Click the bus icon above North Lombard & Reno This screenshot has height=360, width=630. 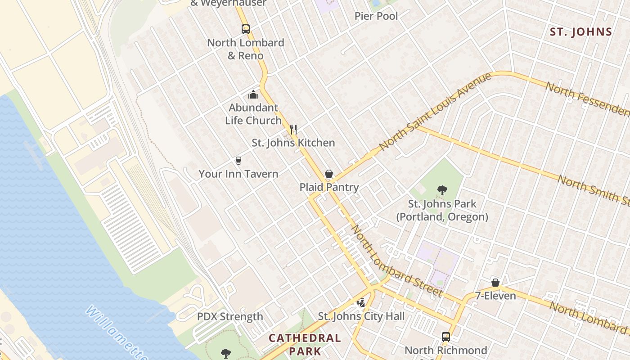[x=245, y=29]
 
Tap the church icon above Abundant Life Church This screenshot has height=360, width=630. [x=253, y=94]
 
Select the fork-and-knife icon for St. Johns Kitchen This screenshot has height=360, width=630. [x=293, y=130]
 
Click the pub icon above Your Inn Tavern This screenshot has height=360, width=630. [x=238, y=161]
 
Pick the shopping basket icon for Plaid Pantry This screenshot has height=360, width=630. [x=329, y=174]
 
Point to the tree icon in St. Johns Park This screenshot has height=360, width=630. [x=442, y=190]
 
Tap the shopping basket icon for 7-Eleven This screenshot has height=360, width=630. [x=495, y=283]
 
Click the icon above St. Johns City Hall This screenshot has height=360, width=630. [x=361, y=303]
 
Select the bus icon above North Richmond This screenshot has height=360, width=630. [x=445, y=337]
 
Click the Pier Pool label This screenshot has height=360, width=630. [x=376, y=16]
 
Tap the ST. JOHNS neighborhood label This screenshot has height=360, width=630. [x=581, y=32]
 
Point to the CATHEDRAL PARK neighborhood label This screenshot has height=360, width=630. [x=305, y=344]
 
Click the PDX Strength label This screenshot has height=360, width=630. [x=230, y=316]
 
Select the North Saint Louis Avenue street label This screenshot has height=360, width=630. [x=435, y=112]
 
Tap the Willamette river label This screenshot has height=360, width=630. [x=116, y=333]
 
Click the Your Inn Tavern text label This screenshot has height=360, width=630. [x=238, y=174]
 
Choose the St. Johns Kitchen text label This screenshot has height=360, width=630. [x=293, y=143]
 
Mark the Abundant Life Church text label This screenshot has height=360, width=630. [x=253, y=114]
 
